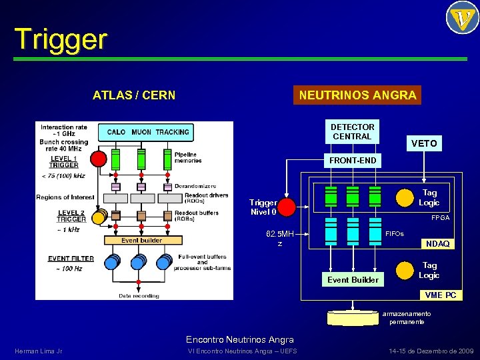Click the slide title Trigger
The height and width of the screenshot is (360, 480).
[60, 40]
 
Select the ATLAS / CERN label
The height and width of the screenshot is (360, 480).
[134, 95]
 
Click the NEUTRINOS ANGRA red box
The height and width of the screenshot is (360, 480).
[358, 95]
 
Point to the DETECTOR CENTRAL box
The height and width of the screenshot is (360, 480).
[352, 131]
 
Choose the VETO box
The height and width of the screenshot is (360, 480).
[424, 143]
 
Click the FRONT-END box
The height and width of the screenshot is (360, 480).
[352, 160]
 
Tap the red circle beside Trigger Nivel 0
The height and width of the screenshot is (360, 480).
[286, 207]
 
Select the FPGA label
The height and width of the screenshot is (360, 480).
[440, 218]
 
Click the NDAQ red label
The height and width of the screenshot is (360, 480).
[437, 243]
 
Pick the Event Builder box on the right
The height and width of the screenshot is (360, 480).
[353, 279]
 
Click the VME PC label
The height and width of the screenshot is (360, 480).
[441, 295]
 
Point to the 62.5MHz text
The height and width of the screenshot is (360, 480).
[279, 239]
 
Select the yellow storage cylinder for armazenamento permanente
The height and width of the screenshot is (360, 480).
[353, 317]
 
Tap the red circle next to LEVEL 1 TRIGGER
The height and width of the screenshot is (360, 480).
[98, 159]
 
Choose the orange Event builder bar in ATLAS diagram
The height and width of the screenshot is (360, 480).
[141, 241]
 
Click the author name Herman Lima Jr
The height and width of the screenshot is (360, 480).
[38, 351]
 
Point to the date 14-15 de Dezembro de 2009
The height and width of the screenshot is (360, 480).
[431, 351]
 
